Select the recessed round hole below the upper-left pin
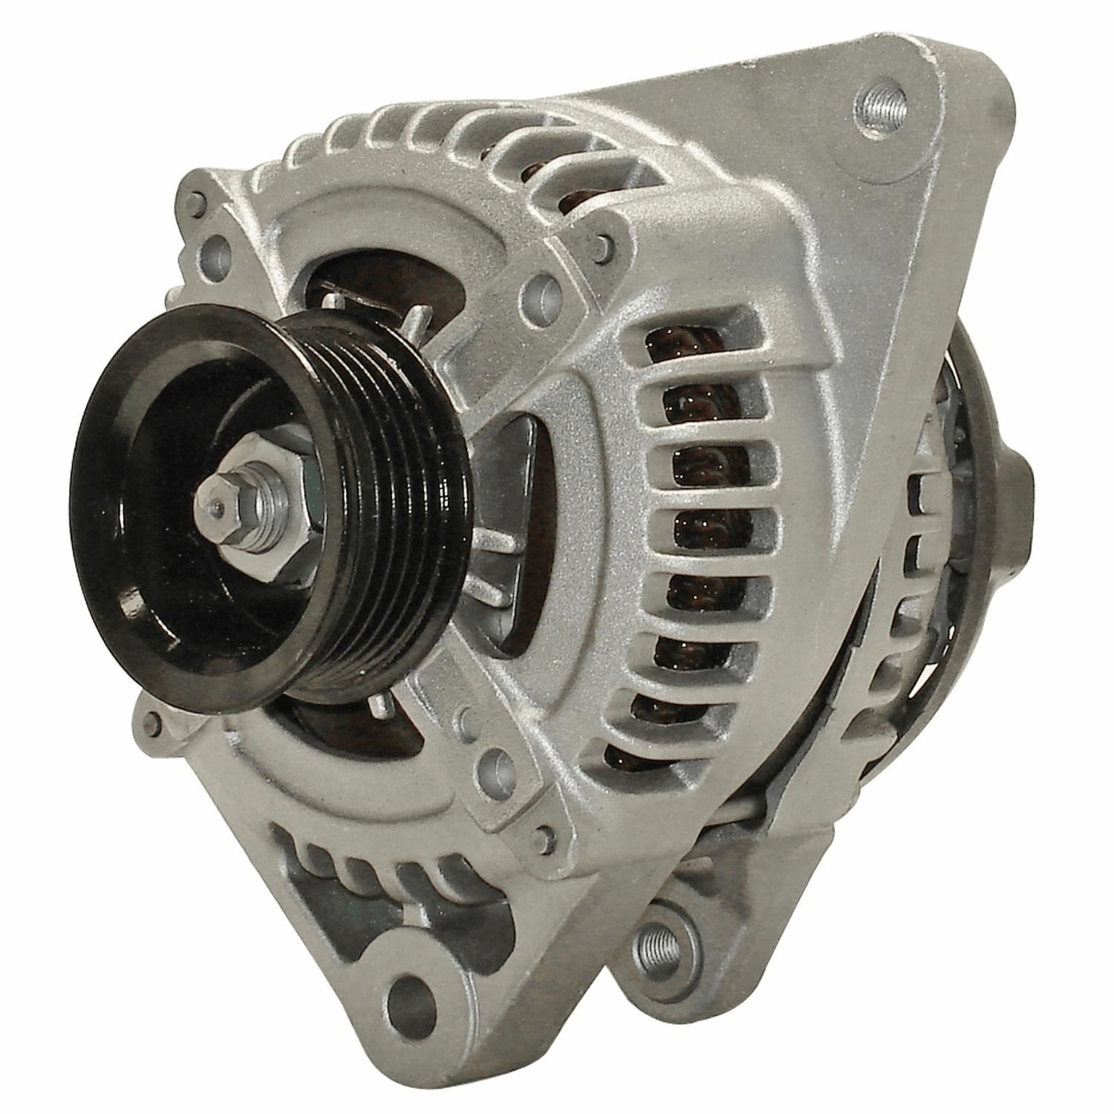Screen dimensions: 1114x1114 coord(218,246)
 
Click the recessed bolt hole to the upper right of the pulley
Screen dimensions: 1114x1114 coord(542,294)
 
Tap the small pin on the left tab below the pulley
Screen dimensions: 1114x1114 coord(154,719)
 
